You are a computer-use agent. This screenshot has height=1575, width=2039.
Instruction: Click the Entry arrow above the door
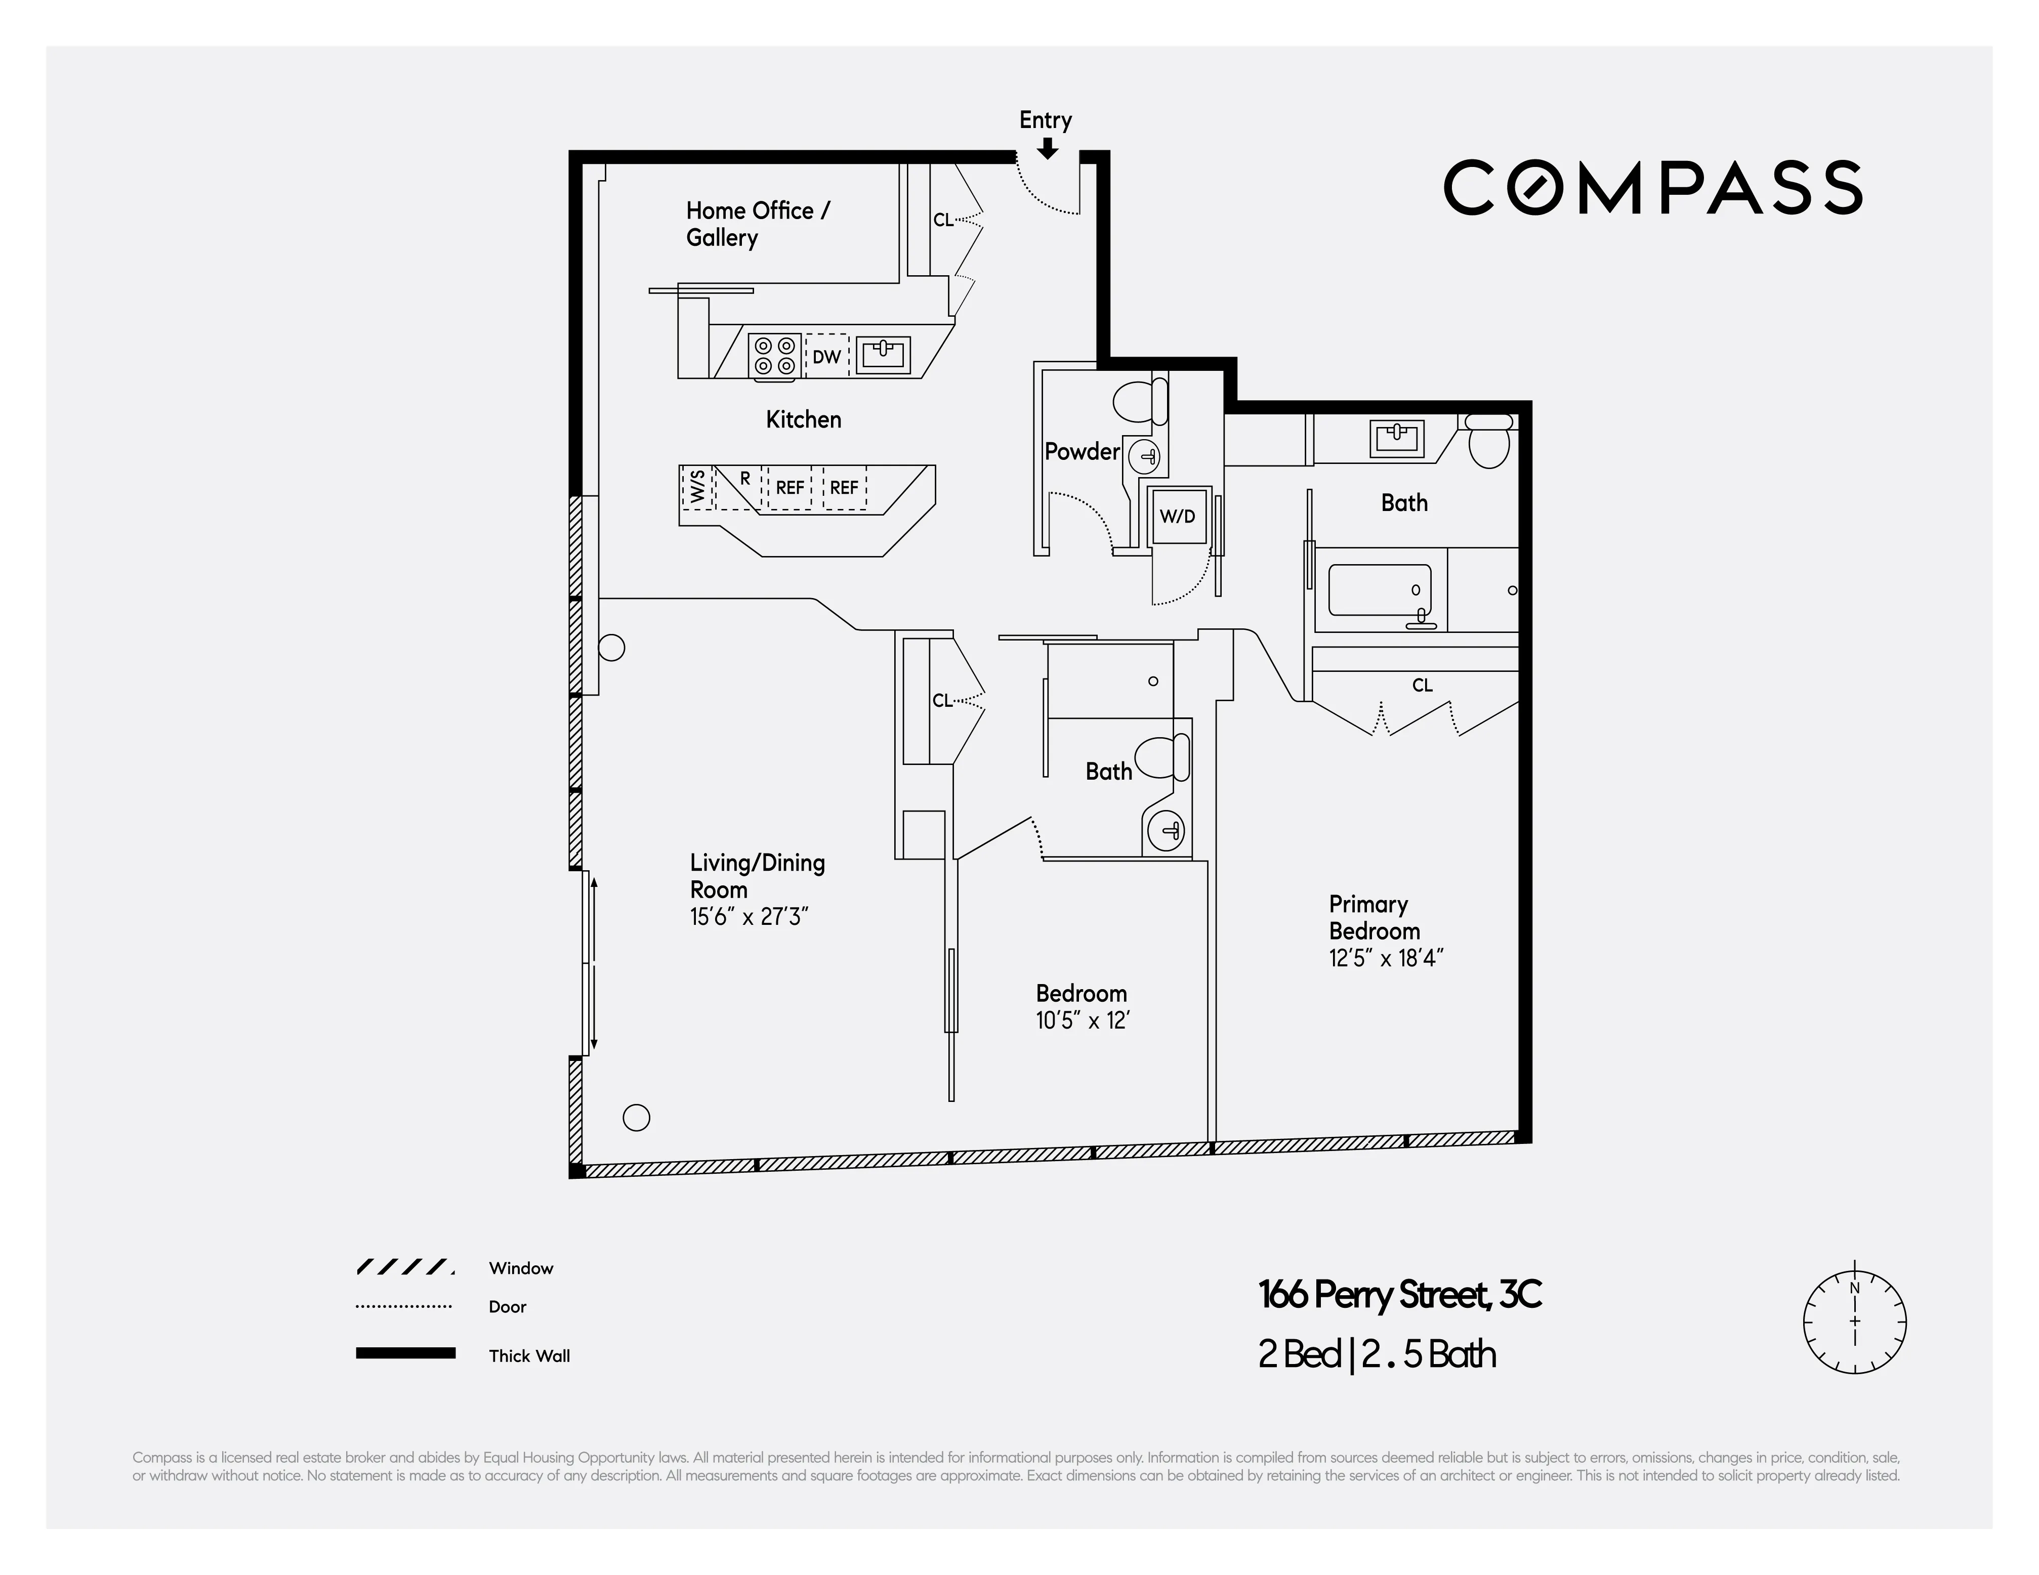[1048, 148]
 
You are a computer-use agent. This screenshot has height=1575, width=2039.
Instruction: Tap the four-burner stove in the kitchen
[775, 356]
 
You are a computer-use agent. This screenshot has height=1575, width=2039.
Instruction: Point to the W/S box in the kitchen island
[696, 487]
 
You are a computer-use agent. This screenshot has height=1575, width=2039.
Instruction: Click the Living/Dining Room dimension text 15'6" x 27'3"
[748, 917]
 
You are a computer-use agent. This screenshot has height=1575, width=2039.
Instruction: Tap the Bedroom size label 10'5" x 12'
[1082, 1020]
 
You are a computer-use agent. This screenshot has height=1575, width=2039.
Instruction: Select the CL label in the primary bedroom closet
[1422, 685]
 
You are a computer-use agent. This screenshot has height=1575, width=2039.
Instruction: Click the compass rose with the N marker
[1854, 1322]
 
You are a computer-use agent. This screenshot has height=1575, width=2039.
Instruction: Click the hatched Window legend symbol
[405, 1267]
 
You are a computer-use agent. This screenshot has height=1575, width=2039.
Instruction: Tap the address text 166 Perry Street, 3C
[1398, 1295]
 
